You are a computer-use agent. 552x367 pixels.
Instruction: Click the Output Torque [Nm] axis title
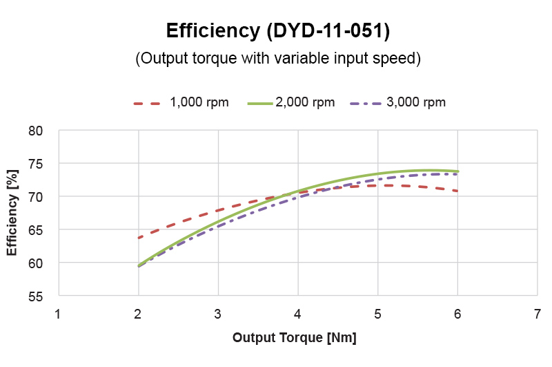click(x=295, y=338)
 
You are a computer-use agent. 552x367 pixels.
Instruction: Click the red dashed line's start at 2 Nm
click(x=139, y=238)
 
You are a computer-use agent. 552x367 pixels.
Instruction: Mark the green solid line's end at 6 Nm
click(x=457, y=171)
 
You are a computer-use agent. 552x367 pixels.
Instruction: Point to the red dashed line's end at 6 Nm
click(x=457, y=191)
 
